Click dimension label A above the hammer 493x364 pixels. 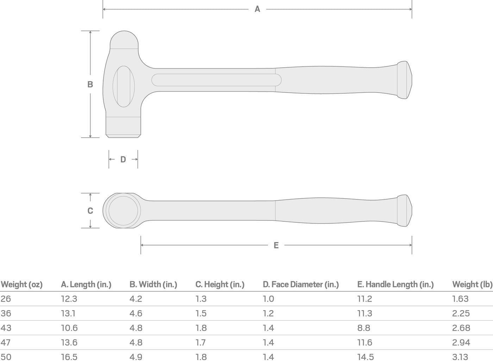click(257, 9)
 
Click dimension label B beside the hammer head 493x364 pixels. click(90, 84)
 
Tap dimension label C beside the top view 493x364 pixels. click(90, 211)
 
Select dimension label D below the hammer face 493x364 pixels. click(123, 159)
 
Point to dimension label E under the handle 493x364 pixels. click(276, 245)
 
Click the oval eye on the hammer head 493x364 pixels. click(124, 86)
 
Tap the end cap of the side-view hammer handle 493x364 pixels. click(405, 80)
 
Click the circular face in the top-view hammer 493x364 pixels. click(123, 211)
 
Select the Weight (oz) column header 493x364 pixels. click(21, 284)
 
